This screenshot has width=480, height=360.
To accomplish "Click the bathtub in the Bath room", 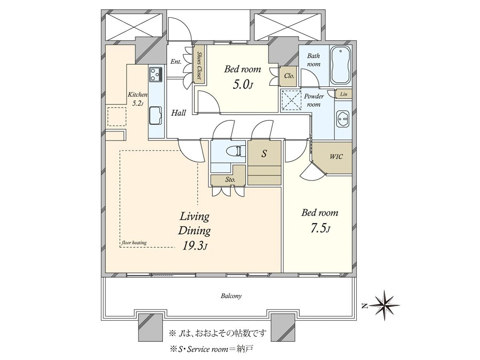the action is [x=340, y=66].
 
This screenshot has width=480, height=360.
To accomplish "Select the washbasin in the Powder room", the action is [x=343, y=119].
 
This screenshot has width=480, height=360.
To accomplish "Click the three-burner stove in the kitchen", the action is [x=156, y=74].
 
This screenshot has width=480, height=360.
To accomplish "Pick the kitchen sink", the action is [x=156, y=116].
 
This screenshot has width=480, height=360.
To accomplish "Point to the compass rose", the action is [x=386, y=305].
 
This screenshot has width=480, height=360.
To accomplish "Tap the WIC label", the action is [x=336, y=156].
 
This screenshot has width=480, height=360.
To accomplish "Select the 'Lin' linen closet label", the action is [x=344, y=94].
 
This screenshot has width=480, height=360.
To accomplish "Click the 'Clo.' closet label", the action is [x=289, y=76].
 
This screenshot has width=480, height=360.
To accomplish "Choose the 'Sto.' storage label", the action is [x=230, y=180].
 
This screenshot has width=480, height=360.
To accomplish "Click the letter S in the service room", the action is [x=264, y=154].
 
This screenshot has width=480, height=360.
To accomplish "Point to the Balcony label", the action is [x=231, y=296].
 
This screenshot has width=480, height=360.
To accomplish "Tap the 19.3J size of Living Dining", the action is [x=195, y=246].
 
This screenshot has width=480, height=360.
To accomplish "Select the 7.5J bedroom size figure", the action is [x=320, y=229].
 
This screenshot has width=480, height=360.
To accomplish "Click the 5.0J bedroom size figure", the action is [x=243, y=84].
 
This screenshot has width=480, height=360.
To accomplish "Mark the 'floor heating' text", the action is [x=134, y=243].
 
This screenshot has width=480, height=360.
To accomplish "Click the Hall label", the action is [x=178, y=113].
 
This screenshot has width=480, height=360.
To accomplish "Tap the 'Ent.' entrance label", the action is [x=176, y=62].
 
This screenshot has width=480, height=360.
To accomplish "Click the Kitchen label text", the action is [x=138, y=94].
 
